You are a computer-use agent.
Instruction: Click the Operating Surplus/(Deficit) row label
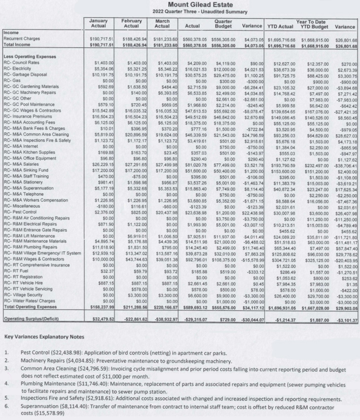(32, 319)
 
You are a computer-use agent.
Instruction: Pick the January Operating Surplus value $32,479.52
(101, 319)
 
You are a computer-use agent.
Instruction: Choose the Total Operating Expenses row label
(29, 306)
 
